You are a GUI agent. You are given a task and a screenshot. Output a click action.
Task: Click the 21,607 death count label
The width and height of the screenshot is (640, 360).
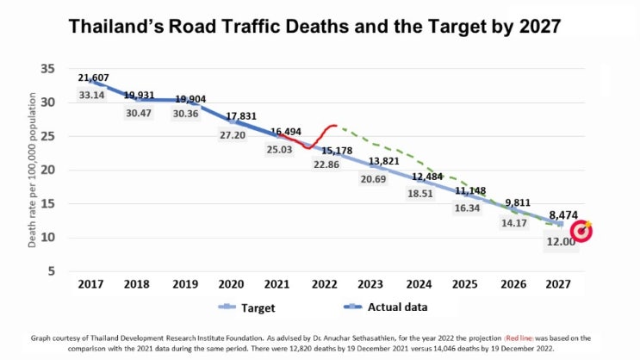point(92,78)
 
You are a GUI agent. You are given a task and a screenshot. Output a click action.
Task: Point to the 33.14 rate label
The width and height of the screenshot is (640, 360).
point(92,95)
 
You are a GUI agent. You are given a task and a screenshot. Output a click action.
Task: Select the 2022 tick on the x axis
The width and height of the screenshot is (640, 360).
point(325,283)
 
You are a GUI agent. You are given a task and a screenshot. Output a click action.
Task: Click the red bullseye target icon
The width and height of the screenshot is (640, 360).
point(582,231)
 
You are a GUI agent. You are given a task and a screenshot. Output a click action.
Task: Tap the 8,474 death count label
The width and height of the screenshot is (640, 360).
point(563,215)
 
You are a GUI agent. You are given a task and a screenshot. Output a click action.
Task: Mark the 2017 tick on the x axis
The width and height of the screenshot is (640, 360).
point(91,283)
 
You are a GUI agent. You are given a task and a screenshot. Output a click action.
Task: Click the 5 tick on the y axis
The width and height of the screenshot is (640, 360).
point(52,271)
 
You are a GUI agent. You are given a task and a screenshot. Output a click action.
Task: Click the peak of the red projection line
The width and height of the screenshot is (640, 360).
point(334,126)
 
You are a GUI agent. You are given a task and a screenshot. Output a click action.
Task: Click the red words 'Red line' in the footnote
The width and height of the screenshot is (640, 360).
point(523,338)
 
